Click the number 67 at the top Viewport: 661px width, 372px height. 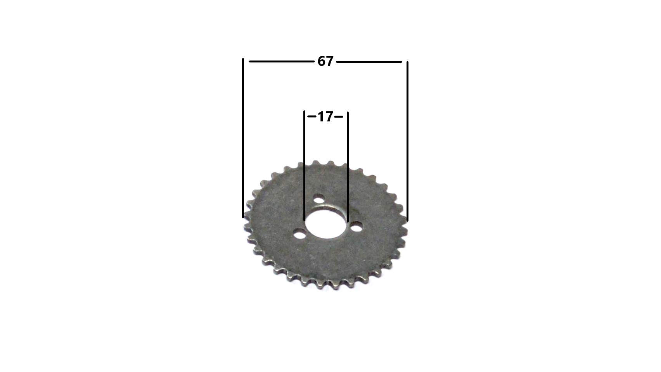[x=325, y=61]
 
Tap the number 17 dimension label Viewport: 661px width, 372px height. [x=325, y=117]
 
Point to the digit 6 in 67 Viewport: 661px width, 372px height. [x=322, y=61]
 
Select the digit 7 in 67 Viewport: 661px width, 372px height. [x=330, y=61]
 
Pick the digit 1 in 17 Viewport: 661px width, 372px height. [x=321, y=117]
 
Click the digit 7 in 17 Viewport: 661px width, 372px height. [x=329, y=117]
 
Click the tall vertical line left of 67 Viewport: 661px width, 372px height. [x=243, y=138]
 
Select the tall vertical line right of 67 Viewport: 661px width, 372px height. [x=408, y=141]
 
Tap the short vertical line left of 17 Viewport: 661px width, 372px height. [x=304, y=166]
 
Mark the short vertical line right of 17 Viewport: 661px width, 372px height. [x=348, y=167]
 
